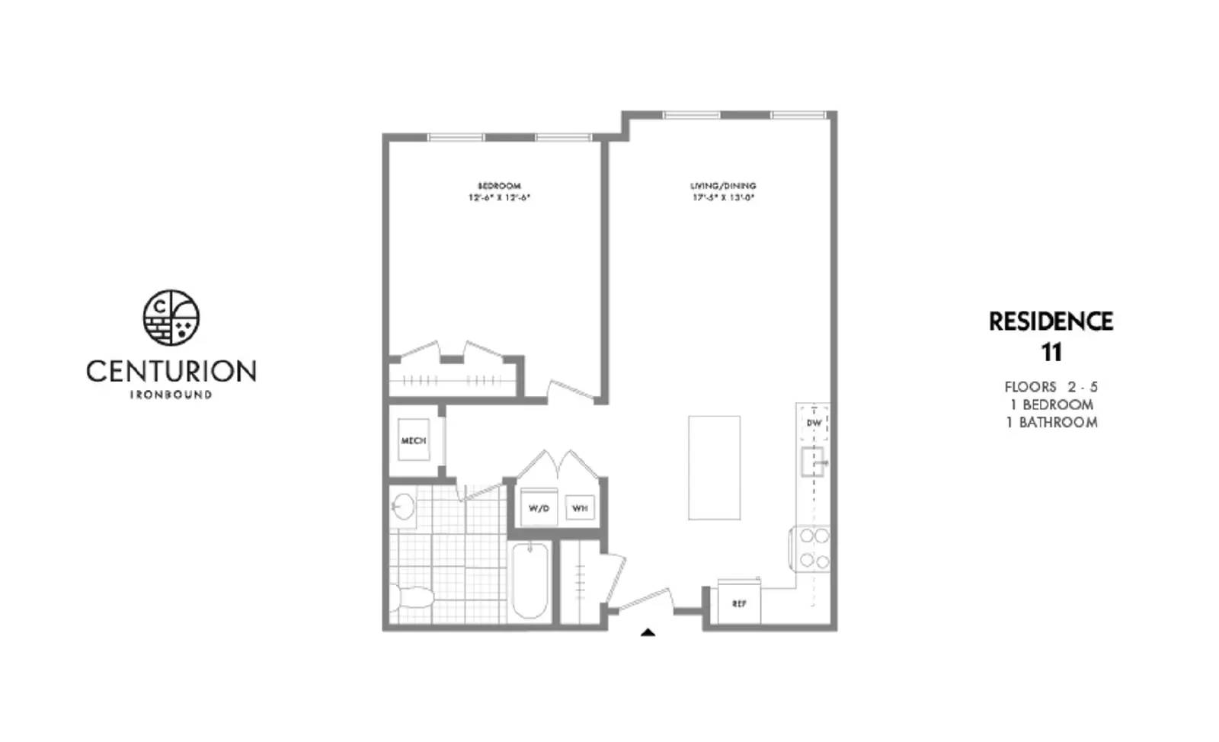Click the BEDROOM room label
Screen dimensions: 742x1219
(499, 186)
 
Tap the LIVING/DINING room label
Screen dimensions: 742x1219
(723, 186)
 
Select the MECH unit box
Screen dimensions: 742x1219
(414, 440)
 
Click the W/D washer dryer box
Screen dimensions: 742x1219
(539, 507)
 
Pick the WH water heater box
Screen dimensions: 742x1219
(580, 507)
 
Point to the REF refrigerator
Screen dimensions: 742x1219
(739, 603)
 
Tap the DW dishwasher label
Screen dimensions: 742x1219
(814, 423)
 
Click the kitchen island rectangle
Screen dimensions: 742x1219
(714, 468)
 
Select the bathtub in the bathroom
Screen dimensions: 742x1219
(530, 581)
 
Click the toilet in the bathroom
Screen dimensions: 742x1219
(408, 596)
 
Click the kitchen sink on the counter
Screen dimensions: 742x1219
(812, 461)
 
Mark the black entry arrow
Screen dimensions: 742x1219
(648, 632)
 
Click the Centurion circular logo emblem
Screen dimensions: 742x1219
(171, 318)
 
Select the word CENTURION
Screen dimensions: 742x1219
(171, 372)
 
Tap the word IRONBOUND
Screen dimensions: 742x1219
(171, 395)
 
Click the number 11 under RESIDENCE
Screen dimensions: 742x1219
(1051, 353)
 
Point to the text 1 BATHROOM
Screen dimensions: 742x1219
(1051, 423)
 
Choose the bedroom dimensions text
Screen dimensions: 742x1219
(499, 197)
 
